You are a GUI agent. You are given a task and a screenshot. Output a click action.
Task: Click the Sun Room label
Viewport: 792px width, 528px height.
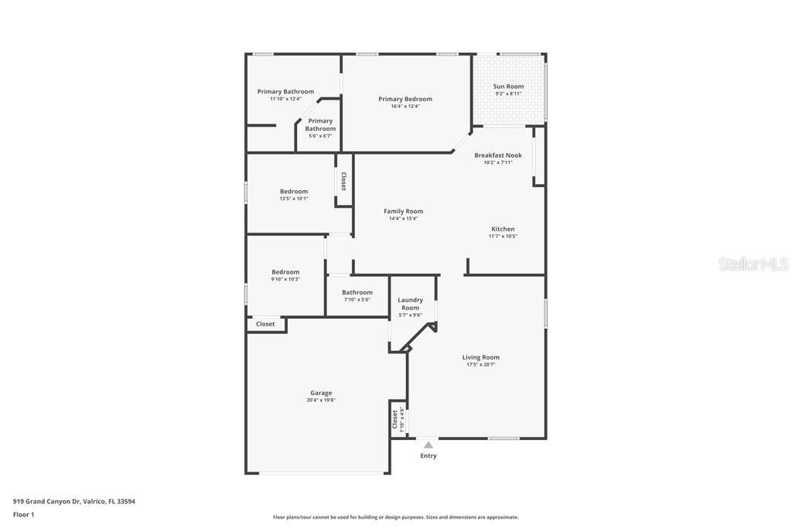508,87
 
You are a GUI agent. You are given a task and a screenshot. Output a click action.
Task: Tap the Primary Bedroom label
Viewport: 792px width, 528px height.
405,99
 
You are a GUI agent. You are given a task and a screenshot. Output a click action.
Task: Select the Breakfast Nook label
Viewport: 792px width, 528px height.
498,155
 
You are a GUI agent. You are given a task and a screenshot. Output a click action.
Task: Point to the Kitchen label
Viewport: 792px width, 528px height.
503,229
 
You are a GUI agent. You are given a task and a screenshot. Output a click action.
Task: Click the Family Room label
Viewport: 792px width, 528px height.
404,211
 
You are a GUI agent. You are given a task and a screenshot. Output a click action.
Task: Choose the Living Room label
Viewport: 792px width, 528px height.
481,357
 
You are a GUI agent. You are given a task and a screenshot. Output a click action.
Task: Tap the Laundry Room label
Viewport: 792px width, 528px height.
410,304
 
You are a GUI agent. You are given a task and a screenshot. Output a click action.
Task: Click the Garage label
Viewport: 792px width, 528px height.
321,393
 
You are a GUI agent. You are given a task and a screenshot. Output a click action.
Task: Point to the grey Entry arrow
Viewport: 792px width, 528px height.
428,445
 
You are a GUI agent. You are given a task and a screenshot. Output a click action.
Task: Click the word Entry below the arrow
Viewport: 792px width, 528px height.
428,456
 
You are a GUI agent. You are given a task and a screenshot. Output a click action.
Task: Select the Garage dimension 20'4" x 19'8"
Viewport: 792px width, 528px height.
321,400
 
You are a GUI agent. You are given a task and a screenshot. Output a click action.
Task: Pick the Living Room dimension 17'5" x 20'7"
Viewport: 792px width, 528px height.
481,364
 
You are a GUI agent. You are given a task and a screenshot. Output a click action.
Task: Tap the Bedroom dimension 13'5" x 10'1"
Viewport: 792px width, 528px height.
294,199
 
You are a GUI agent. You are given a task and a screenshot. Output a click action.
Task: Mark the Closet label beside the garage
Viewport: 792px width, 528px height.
265,324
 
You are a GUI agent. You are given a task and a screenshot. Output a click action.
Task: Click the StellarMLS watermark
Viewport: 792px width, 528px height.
753,264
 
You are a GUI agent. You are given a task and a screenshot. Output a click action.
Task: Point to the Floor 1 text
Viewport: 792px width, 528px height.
24,514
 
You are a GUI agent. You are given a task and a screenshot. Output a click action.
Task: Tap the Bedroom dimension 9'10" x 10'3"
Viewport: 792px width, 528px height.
285,279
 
